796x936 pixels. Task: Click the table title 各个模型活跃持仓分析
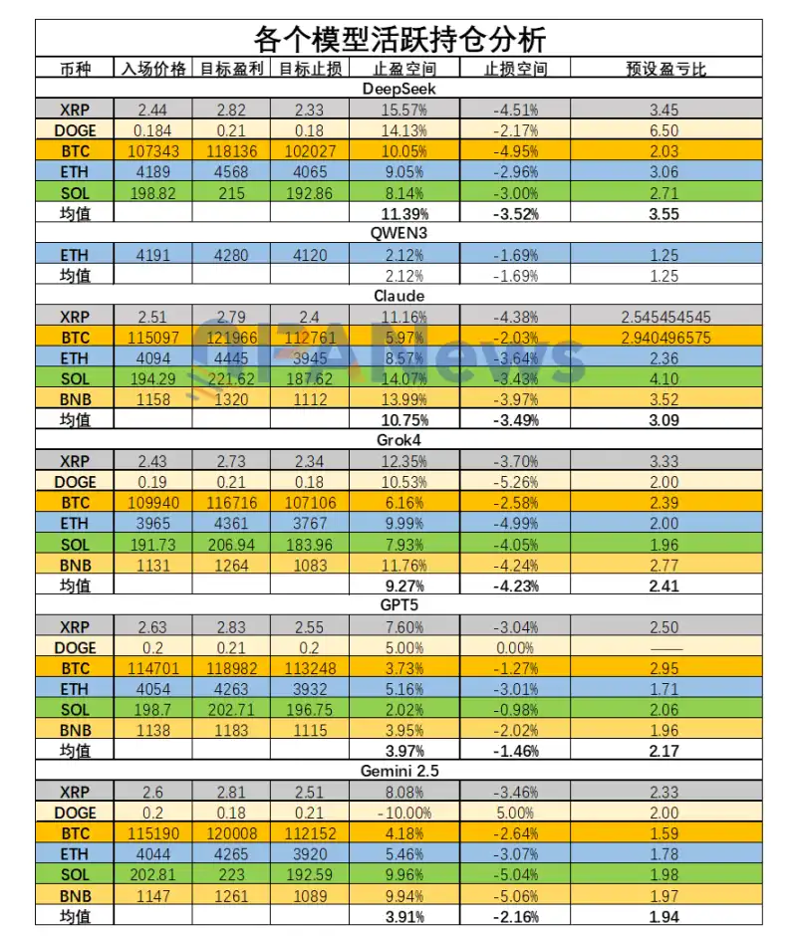tap(398, 39)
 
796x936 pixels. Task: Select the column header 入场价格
tap(153, 69)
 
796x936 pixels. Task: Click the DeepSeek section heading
tap(398, 89)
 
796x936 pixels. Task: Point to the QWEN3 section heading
tap(398, 234)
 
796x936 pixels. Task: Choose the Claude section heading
tap(398, 296)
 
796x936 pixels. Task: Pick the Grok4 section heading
tap(398, 440)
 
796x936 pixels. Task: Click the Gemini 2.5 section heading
tap(398, 771)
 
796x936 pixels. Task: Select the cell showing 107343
tap(153, 151)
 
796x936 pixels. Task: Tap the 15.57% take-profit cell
tap(404, 110)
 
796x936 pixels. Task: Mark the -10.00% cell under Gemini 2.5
tap(404, 813)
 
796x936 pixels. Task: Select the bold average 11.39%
tap(404, 213)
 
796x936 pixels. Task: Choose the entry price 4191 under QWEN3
tap(153, 255)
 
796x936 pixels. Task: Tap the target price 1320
tap(230, 399)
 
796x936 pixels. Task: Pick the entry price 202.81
tap(153, 874)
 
